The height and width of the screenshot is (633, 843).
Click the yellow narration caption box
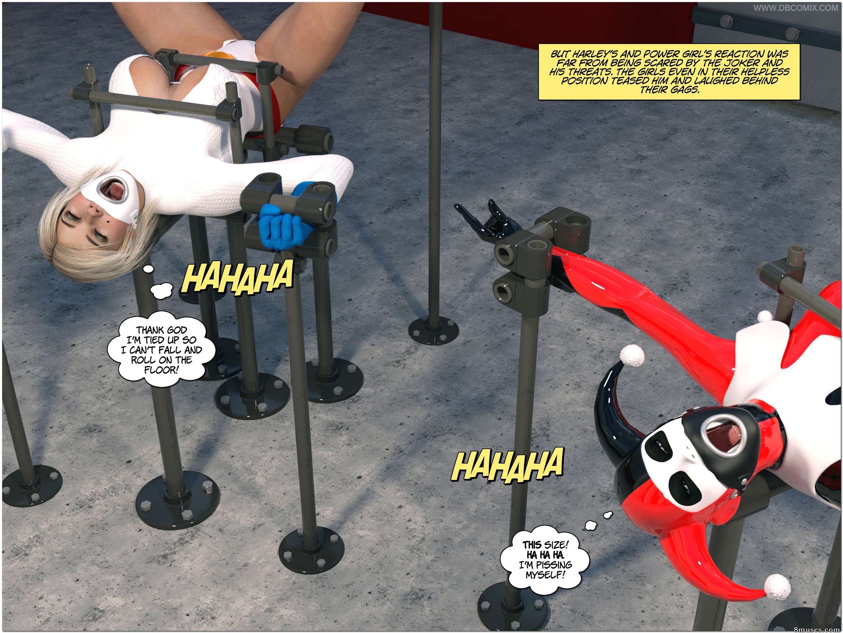[x=669, y=72]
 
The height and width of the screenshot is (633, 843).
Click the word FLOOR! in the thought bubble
[x=161, y=369]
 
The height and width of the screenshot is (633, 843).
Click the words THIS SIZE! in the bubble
[x=545, y=545]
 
